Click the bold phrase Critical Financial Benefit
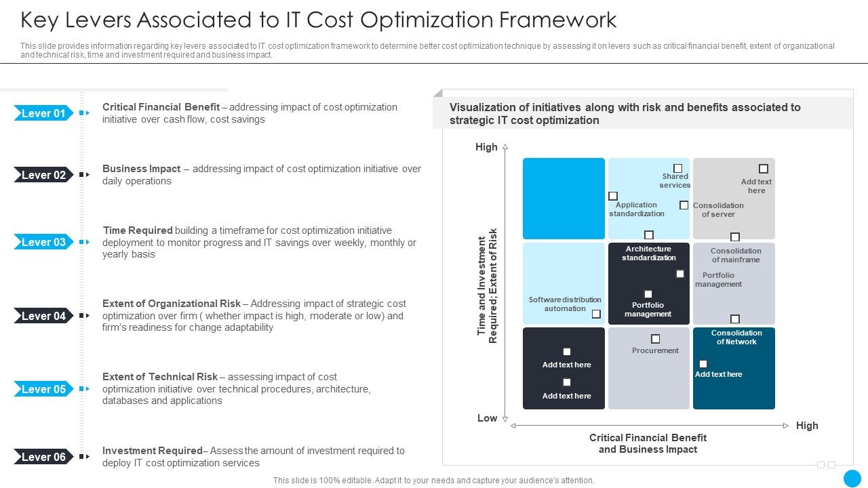coord(161,107)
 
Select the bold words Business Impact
coord(141,169)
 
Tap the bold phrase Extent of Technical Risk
coord(160,377)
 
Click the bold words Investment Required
coord(152,451)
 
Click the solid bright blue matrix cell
coord(564,199)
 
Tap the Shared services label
coord(675,181)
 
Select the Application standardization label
coord(636,209)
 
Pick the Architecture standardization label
coord(649,253)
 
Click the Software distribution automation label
coord(565,304)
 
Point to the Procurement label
coord(655,350)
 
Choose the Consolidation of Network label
coord(736,338)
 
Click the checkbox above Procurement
coord(656,339)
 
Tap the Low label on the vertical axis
coord(487,418)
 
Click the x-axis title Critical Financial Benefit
coord(648,438)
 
